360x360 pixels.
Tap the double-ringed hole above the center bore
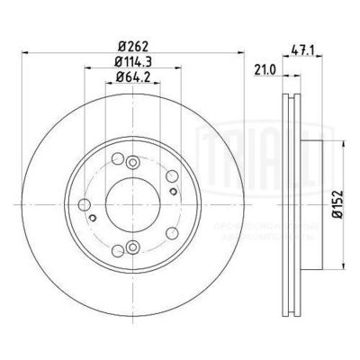coord(131,162)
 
